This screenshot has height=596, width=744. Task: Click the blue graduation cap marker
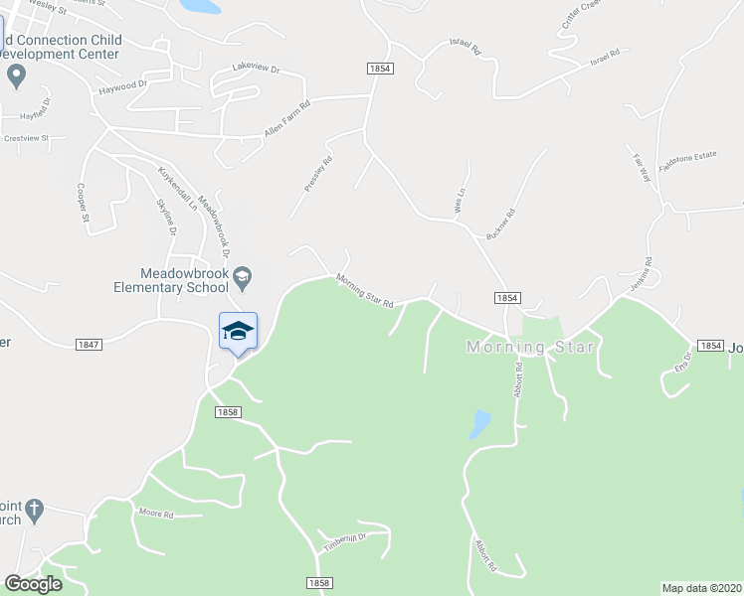pyautogui.click(x=238, y=331)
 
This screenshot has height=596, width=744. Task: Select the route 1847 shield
pyautogui.click(x=89, y=344)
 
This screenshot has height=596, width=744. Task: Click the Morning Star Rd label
pyautogui.click(x=365, y=290)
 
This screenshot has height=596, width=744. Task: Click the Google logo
pyautogui.click(x=32, y=584)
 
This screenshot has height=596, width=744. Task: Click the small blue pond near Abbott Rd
pyautogui.click(x=479, y=423)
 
